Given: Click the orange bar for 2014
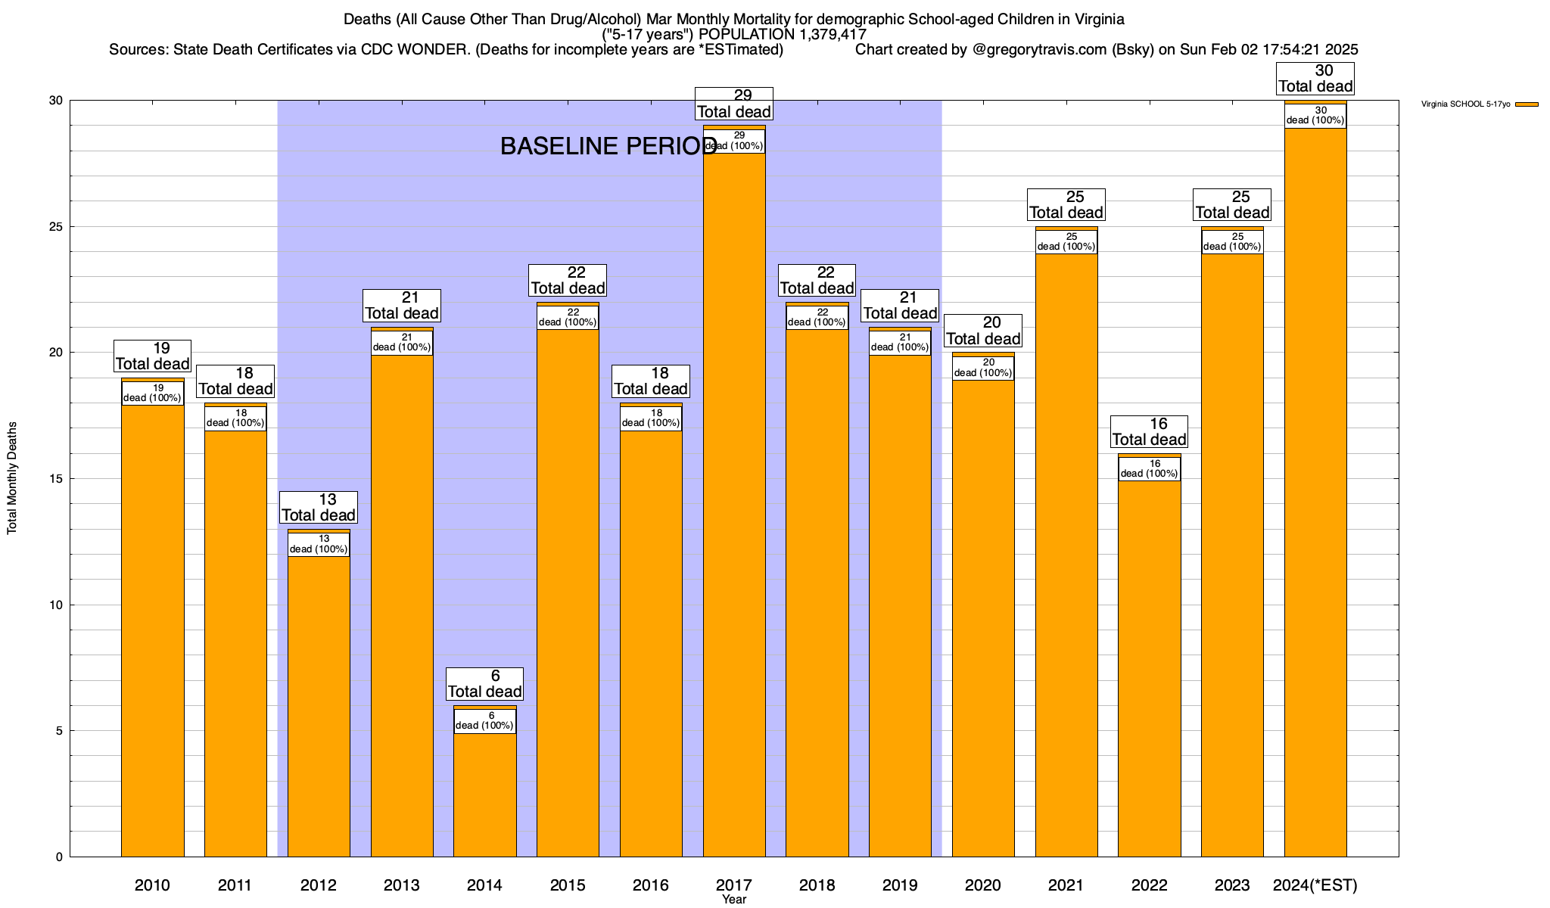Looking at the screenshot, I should pos(485,794).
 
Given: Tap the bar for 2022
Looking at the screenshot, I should pos(1149,666).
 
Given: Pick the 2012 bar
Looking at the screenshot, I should pos(319,704).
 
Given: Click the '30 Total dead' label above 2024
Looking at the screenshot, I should pos(1315,79).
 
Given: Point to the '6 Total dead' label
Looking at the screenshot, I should pos(484,684).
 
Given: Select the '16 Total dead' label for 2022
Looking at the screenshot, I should pos(1149,432).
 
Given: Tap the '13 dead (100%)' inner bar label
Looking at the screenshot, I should pos(319,545).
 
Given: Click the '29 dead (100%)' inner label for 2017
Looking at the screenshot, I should pos(734,141).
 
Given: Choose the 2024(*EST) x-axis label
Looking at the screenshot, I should pos(1315,885).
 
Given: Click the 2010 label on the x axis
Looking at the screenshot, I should pos(152,885).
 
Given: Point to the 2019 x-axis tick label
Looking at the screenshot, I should pos(900,885).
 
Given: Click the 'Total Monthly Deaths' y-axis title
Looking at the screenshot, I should pos(12,478).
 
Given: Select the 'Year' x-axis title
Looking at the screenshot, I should pos(734,900).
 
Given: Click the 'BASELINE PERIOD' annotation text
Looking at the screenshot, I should pos(608,146).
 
